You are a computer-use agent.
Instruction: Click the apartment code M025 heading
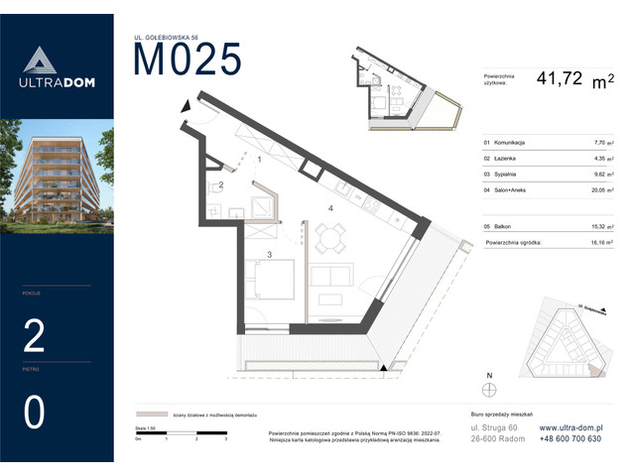pyautogui.click(x=188, y=59)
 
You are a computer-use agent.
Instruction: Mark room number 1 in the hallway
pyautogui.click(x=259, y=159)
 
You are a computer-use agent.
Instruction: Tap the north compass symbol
pyautogui.click(x=488, y=390)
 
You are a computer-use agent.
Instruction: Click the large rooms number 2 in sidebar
pyautogui.click(x=34, y=337)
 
